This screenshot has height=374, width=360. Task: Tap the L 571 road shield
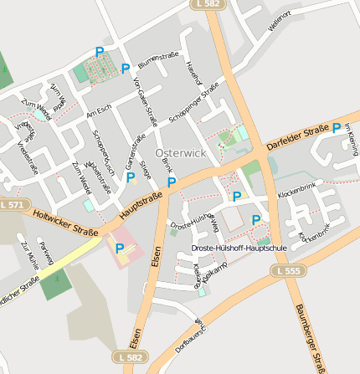13,205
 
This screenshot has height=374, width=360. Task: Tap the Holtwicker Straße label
66,223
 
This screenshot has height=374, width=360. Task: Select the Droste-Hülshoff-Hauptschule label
239,248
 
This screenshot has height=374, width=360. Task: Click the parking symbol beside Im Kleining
336,129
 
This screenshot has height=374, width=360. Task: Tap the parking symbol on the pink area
120,248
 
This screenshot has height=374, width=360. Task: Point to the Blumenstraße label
158,59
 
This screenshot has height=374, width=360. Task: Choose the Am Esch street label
98,110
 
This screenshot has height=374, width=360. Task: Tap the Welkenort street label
280,22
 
